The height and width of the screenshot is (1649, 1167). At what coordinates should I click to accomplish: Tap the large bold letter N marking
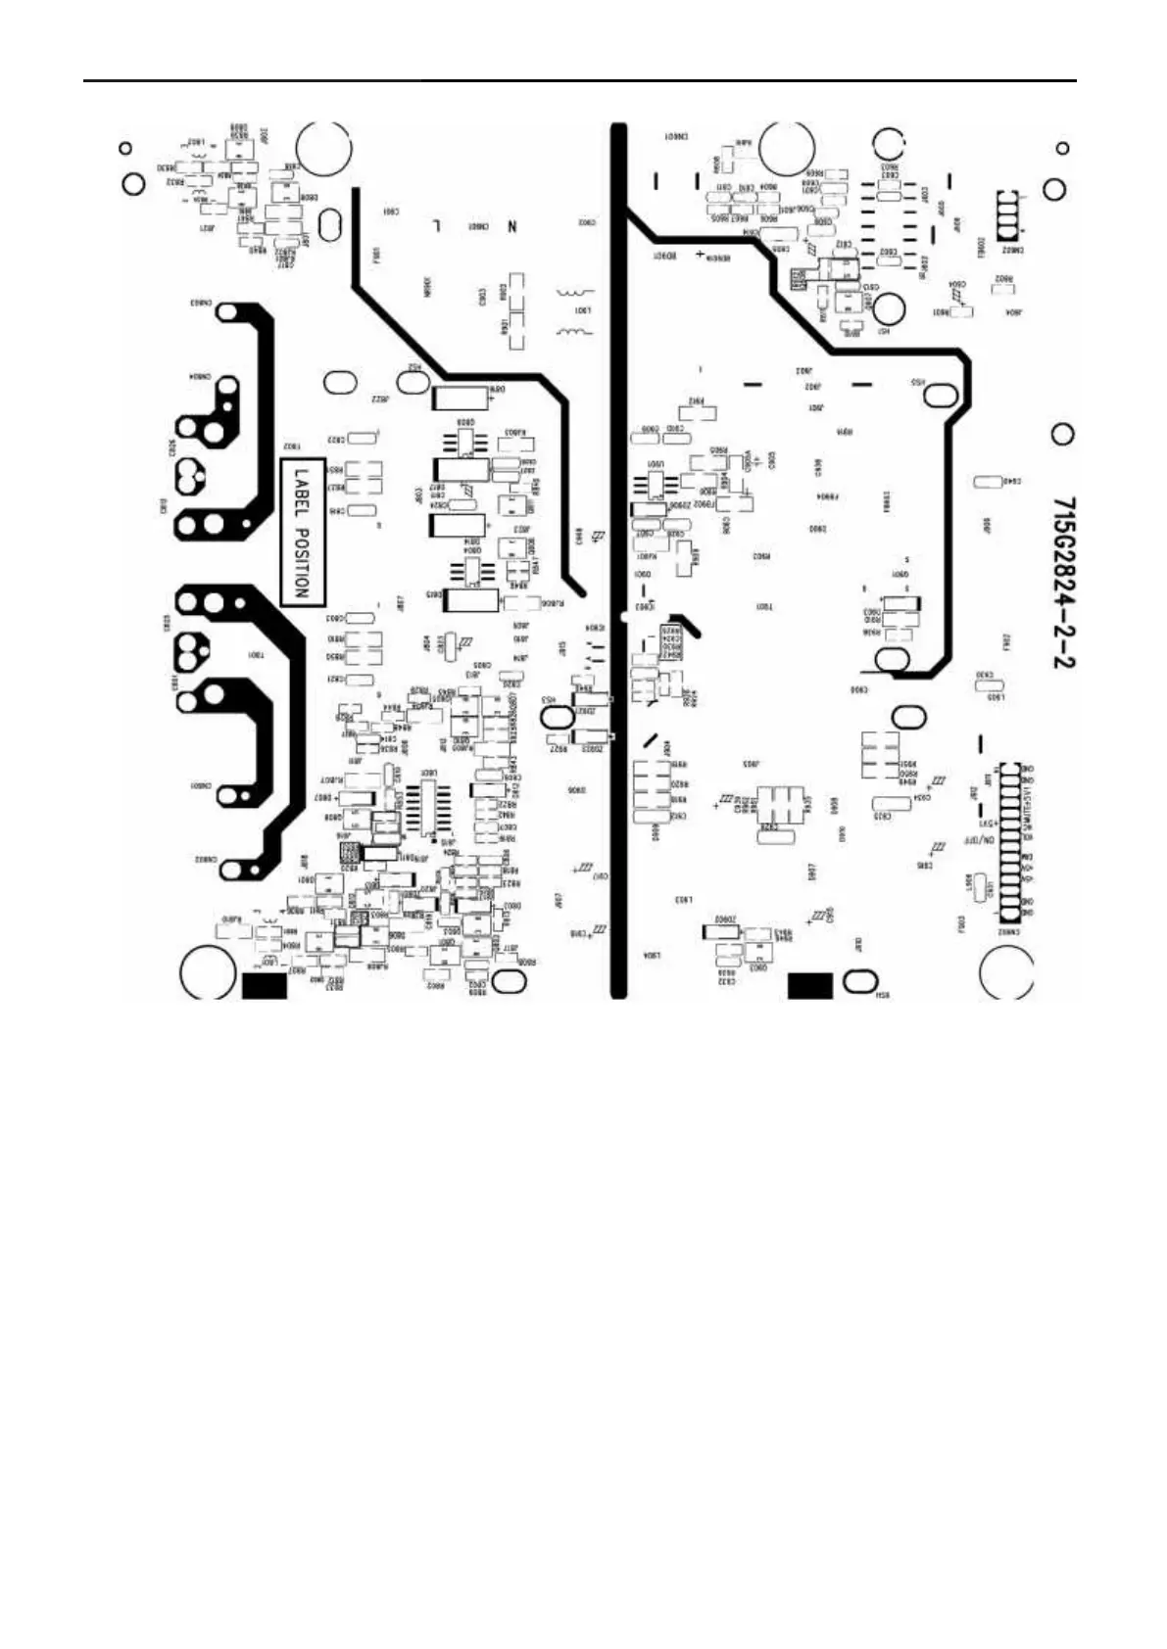pyautogui.click(x=511, y=226)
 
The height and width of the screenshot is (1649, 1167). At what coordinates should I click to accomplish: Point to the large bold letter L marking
pyautogui.click(x=437, y=225)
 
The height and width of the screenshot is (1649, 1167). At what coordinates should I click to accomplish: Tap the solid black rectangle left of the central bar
pyautogui.click(x=264, y=985)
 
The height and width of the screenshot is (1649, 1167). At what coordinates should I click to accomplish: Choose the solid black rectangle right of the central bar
pyautogui.click(x=810, y=985)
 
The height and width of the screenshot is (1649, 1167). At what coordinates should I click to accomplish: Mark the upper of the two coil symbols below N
pyautogui.click(x=573, y=292)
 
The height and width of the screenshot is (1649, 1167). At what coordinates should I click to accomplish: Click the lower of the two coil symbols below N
pyautogui.click(x=573, y=333)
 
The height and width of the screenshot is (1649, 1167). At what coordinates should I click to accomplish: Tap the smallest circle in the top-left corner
pyautogui.click(x=125, y=149)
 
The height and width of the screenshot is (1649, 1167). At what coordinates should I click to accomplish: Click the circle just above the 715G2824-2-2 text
pyautogui.click(x=1061, y=434)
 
